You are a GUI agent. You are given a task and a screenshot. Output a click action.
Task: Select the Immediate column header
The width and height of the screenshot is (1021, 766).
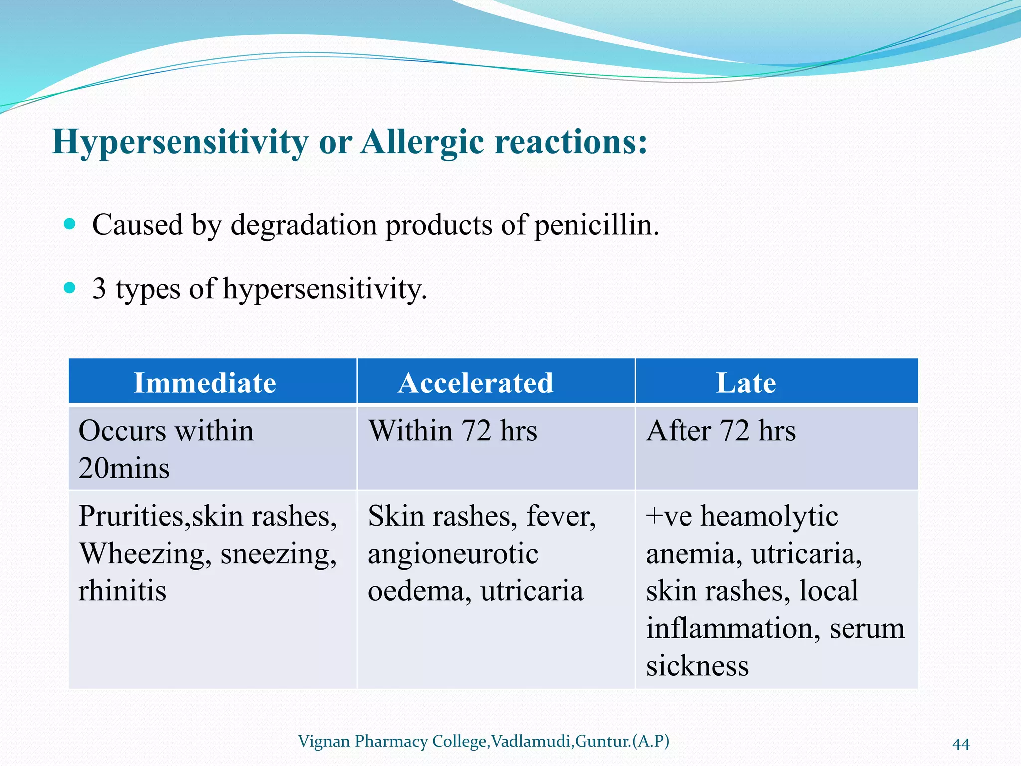click(x=204, y=383)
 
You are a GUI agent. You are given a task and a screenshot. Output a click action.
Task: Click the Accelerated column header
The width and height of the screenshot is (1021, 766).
click(x=476, y=383)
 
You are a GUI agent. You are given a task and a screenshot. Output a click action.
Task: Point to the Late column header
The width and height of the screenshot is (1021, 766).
click(x=746, y=383)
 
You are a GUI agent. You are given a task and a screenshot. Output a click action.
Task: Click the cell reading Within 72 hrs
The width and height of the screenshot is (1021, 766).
click(x=453, y=431)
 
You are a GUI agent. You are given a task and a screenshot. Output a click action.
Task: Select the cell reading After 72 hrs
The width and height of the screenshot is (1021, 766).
click(x=721, y=431)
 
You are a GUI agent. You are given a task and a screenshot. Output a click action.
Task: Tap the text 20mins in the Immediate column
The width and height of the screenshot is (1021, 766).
click(x=124, y=469)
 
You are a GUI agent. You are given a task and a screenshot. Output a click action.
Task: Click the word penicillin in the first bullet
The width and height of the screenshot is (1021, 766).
click(x=596, y=225)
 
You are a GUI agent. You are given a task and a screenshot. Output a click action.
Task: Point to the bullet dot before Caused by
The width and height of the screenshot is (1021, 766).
click(x=70, y=224)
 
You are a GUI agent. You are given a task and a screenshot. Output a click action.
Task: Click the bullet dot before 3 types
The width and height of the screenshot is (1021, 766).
click(x=70, y=288)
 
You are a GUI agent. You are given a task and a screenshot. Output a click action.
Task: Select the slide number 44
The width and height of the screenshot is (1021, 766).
click(x=961, y=744)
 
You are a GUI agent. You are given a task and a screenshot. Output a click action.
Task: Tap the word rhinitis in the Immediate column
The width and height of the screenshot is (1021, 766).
click(x=122, y=591)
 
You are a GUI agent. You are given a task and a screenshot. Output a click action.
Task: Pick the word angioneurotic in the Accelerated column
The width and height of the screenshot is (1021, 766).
click(x=453, y=554)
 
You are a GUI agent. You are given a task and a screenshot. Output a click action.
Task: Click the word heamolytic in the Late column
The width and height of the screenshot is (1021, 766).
click(x=769, y=516)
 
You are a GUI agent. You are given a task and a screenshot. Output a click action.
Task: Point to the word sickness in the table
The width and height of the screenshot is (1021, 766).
click(x=697, y=666)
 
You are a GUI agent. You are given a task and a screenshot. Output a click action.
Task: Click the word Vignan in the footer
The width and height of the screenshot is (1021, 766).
click(x=324, y=741)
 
